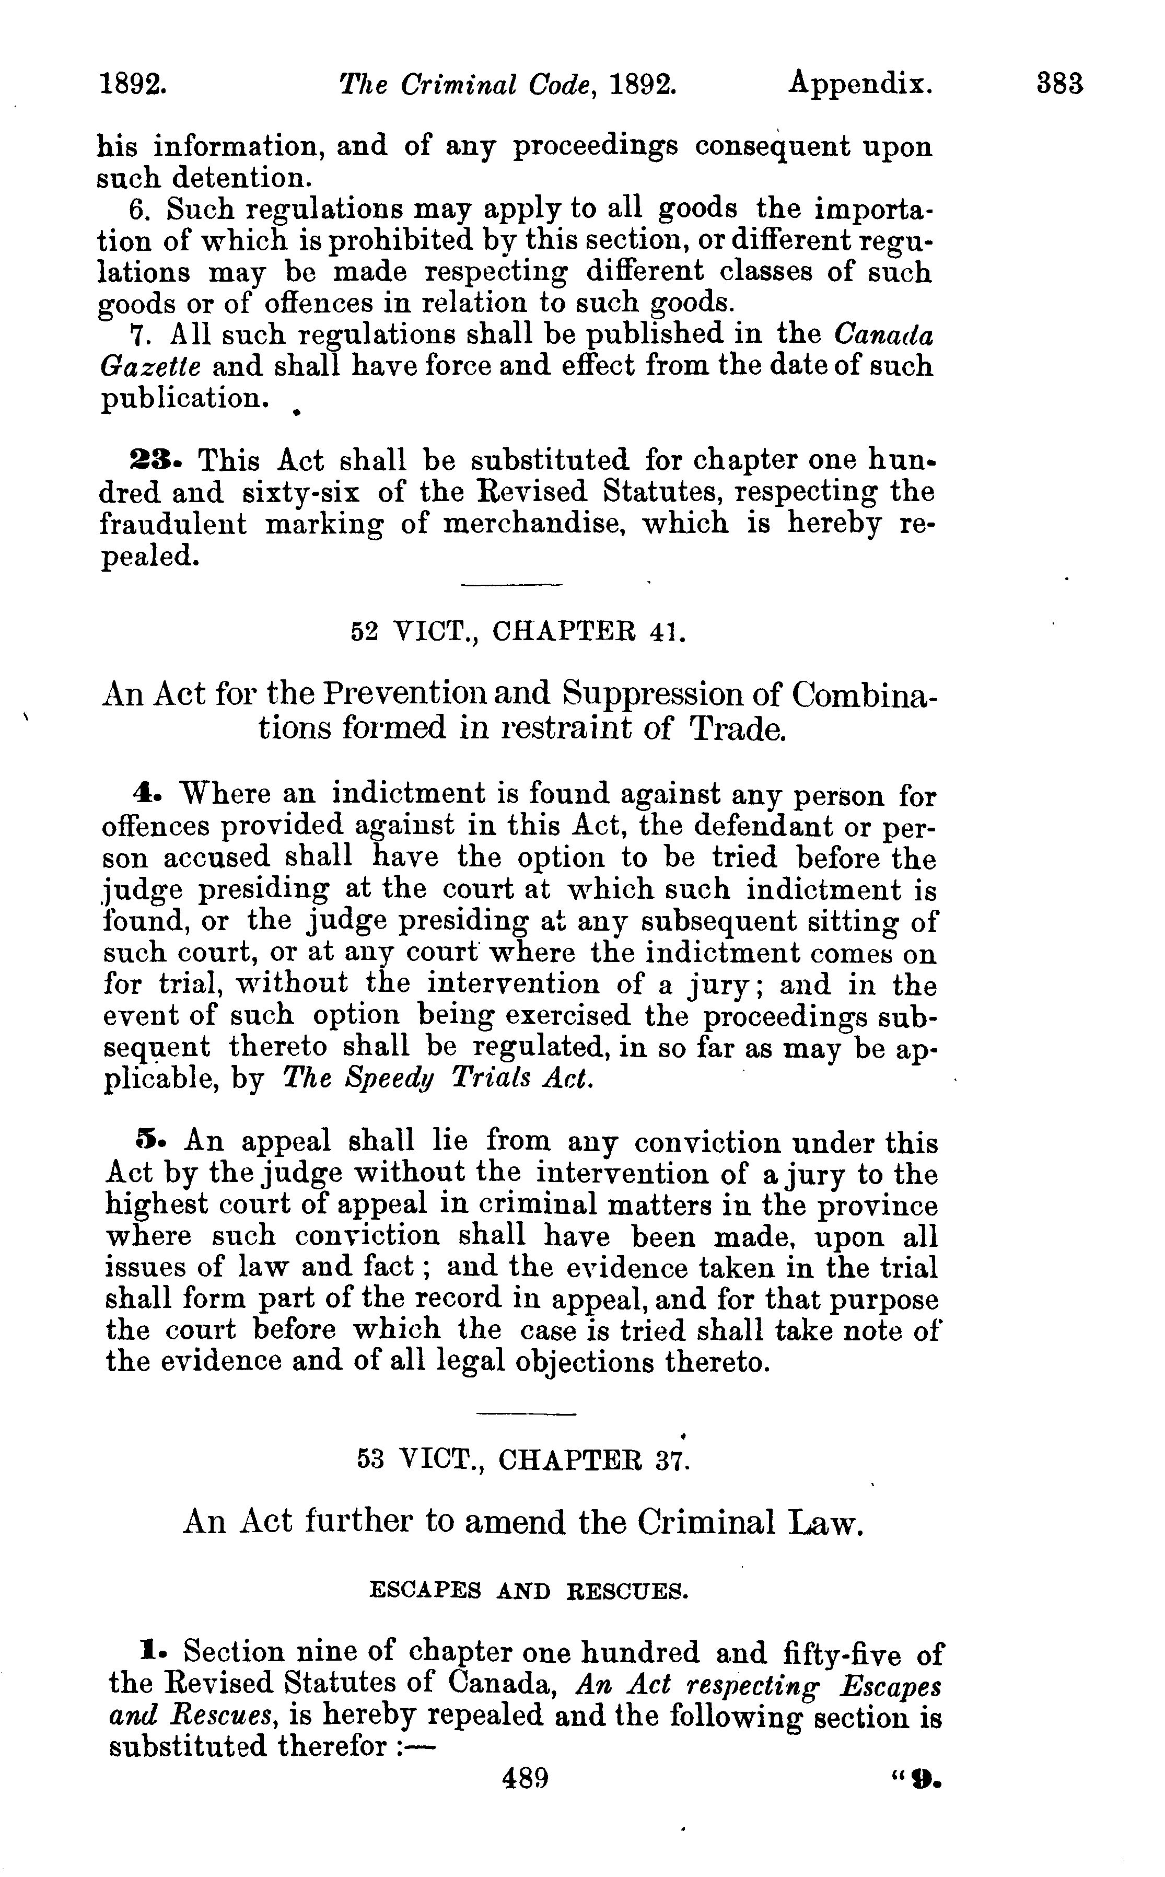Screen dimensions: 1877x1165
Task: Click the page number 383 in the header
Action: coord(1060,83)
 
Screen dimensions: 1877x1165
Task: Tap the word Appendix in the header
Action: coord(860,83)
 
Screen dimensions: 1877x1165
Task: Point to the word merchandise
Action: coord(532,524)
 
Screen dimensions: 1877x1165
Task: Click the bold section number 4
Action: coord(142,794)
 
